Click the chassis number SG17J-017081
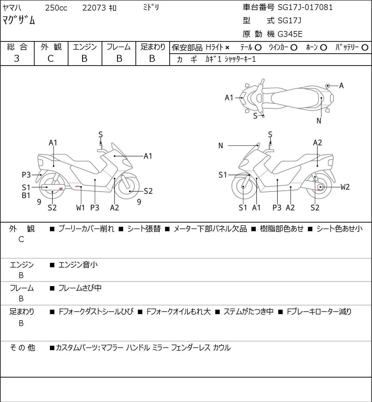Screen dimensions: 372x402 pos(305,7)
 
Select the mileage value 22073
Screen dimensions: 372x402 pos(94,8)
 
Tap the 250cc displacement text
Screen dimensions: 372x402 pos(56,8)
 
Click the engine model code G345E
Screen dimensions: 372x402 pos(290,34)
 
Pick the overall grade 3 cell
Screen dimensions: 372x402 pos(17,59)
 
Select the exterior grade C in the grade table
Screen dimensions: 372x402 pos(50,59)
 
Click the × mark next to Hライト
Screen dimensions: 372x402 pos(227,48)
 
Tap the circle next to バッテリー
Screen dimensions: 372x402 pos(365,47)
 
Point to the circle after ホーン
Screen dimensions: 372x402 pos(323,47)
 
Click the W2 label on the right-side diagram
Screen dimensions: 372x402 pos(345,187)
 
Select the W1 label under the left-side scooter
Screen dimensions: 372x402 pos(80,208)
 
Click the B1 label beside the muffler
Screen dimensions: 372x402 pos(26,195)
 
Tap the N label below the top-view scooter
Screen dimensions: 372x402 pos(319,121)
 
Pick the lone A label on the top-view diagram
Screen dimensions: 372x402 pos(341,86)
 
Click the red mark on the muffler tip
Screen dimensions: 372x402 pos(60,189)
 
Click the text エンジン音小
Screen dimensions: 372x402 pos(78,265)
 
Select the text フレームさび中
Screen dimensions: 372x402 pos(80,288)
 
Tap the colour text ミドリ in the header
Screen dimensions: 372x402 pos(151,8)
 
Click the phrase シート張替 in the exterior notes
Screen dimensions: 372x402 pos(144,229)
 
